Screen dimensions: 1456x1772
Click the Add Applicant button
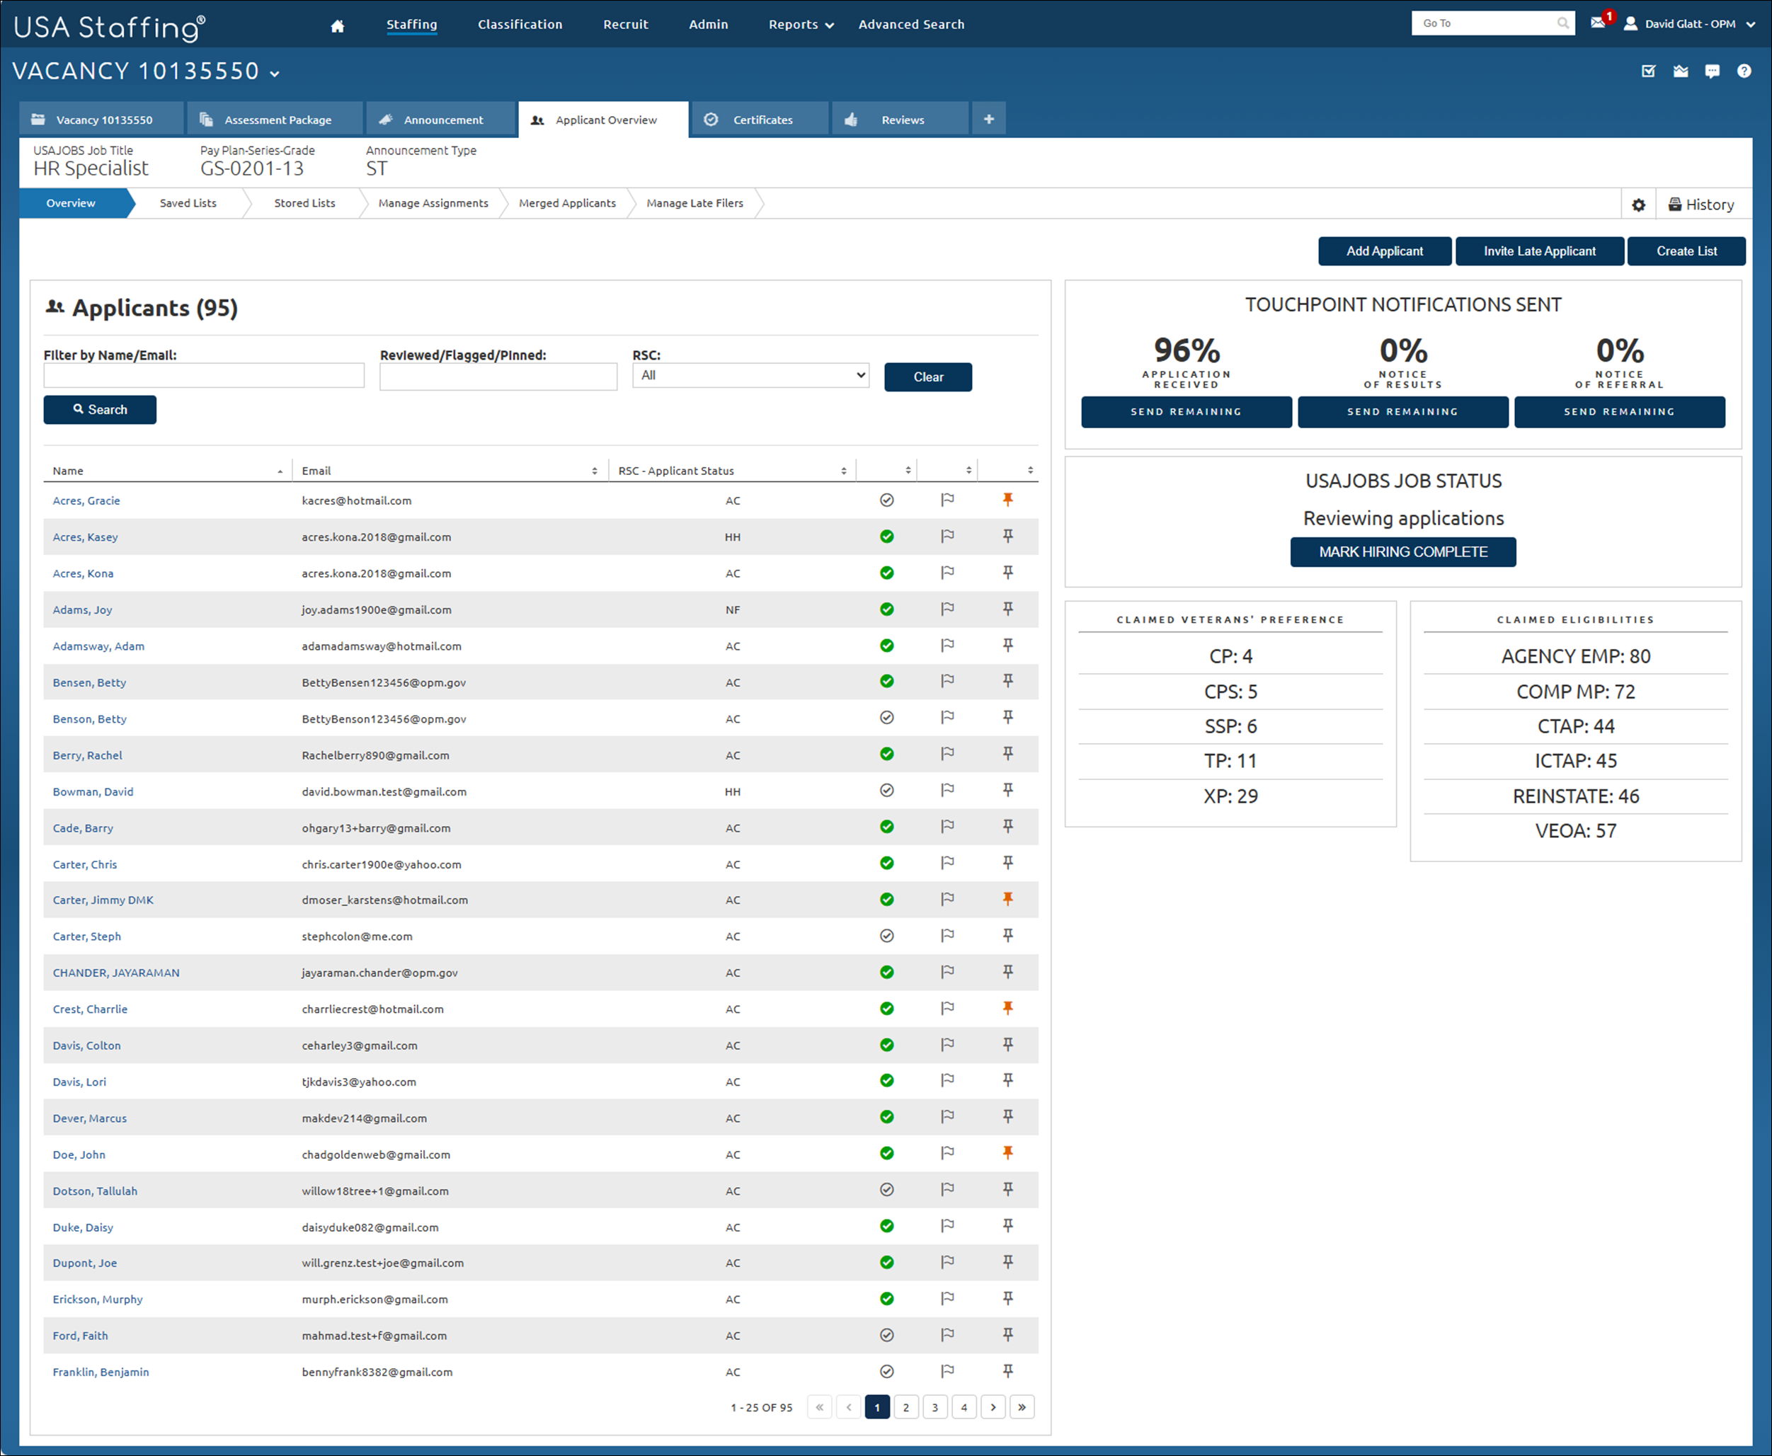(1384, 251)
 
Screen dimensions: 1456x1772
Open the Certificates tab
(762, 120)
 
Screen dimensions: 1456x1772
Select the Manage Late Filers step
(694, 204)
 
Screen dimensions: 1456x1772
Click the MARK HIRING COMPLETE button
(1402, 552)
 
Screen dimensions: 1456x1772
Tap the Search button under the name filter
(100, 410)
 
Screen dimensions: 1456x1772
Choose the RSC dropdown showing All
(750, 376)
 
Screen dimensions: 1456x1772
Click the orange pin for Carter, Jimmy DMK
(1008, 899)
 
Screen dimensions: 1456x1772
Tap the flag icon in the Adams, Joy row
(948, 609)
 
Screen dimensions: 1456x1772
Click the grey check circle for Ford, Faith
(886, 1335)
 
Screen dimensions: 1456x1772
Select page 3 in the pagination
(935, 1407)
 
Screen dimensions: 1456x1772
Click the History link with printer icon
(1700, 205)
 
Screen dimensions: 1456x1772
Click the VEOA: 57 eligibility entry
(1575, 831)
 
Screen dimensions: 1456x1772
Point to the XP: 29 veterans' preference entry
(1230, 796)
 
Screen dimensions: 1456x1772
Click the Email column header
(317, 471)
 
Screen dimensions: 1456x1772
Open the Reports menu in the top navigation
(801, 24)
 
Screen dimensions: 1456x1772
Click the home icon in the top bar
(337, 26)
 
